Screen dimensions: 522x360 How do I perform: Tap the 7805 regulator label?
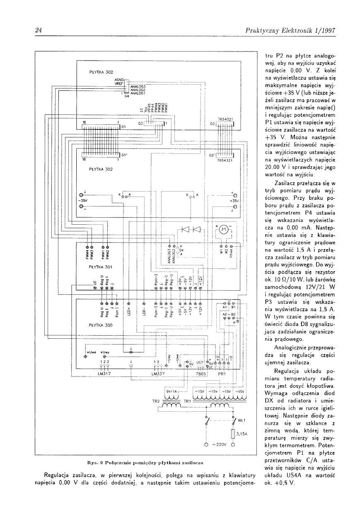point(201,373)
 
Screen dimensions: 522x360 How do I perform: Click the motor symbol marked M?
point(224,229)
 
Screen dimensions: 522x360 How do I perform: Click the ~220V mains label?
point(219,446)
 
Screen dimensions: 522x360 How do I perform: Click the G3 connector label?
point(140,123)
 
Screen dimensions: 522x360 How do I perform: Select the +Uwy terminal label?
point(104,352)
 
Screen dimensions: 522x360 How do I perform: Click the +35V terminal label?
point(234,201)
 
